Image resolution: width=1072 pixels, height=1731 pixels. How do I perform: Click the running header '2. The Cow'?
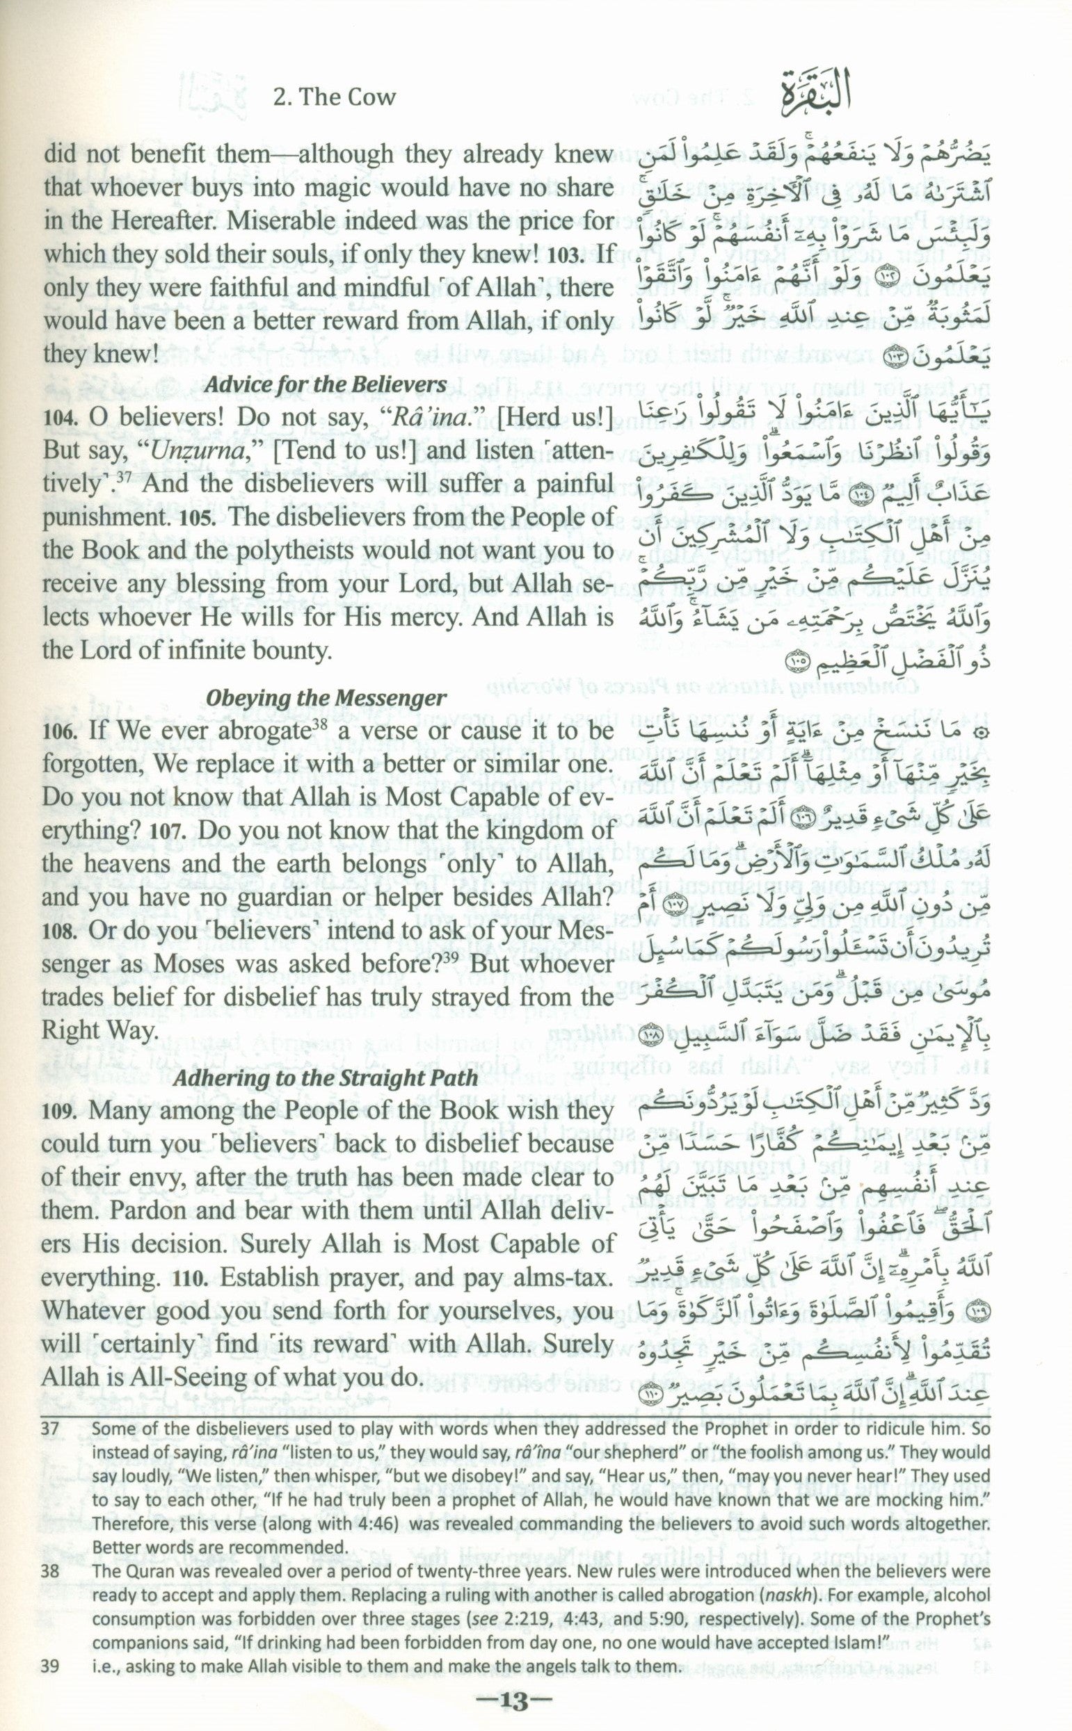335,97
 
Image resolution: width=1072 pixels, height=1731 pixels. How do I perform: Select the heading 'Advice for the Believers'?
326,384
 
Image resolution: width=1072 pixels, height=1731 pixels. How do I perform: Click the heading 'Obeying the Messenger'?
326,698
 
